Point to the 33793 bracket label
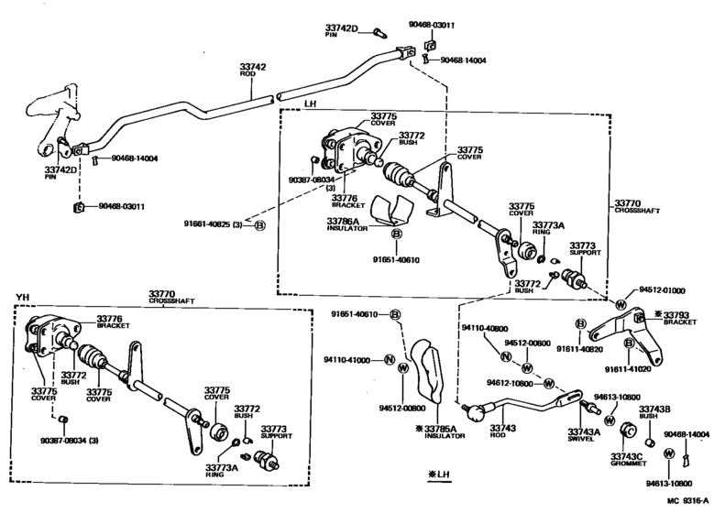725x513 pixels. pyautogui.click(x=681, y=314)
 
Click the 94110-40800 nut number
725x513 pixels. pyautogui.click(x=483, y=327)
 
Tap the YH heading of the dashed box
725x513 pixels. pyautogui.click(x=23, y=296)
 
